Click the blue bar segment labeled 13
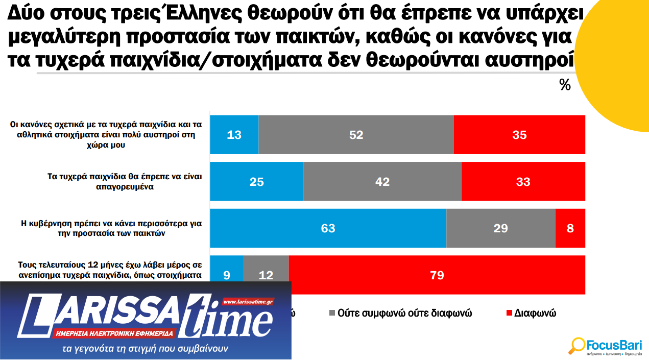[x=234, y=135]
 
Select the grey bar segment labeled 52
[x=356, y=135]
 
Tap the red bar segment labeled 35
[x=519, y=135]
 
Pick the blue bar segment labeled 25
[x=257, y=181]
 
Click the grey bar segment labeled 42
[x=382, y=181]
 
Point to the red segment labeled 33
[x=523, y=181]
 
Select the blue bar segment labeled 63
[x=328, y=228]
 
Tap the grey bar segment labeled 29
[x=500, y=228]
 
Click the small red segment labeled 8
[x=570, y=228]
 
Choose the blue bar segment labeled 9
[x=227, y=275]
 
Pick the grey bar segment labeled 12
[x=266, y=275]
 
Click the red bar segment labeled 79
[x=437, y=275]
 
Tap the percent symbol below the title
[x=565, y=85]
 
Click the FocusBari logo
[x=606, y=346]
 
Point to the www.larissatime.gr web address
[x=249, y=302]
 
